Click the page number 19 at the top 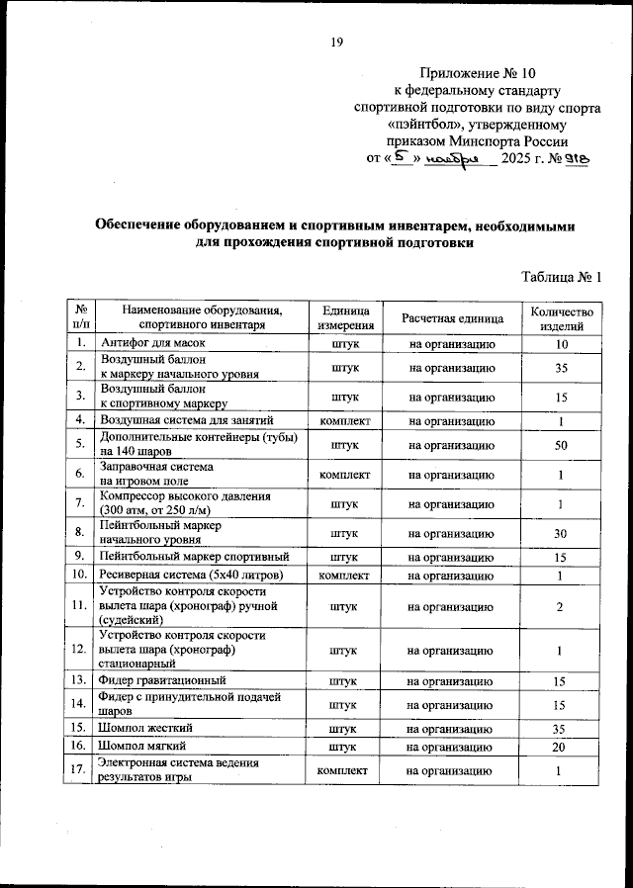336,42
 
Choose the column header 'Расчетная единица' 452,317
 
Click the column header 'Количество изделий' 561,317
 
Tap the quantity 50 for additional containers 561,446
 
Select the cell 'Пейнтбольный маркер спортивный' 194,557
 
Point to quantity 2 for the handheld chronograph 561,605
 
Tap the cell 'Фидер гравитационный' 163,681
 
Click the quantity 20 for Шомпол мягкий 561,747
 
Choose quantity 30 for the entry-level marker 561,533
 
